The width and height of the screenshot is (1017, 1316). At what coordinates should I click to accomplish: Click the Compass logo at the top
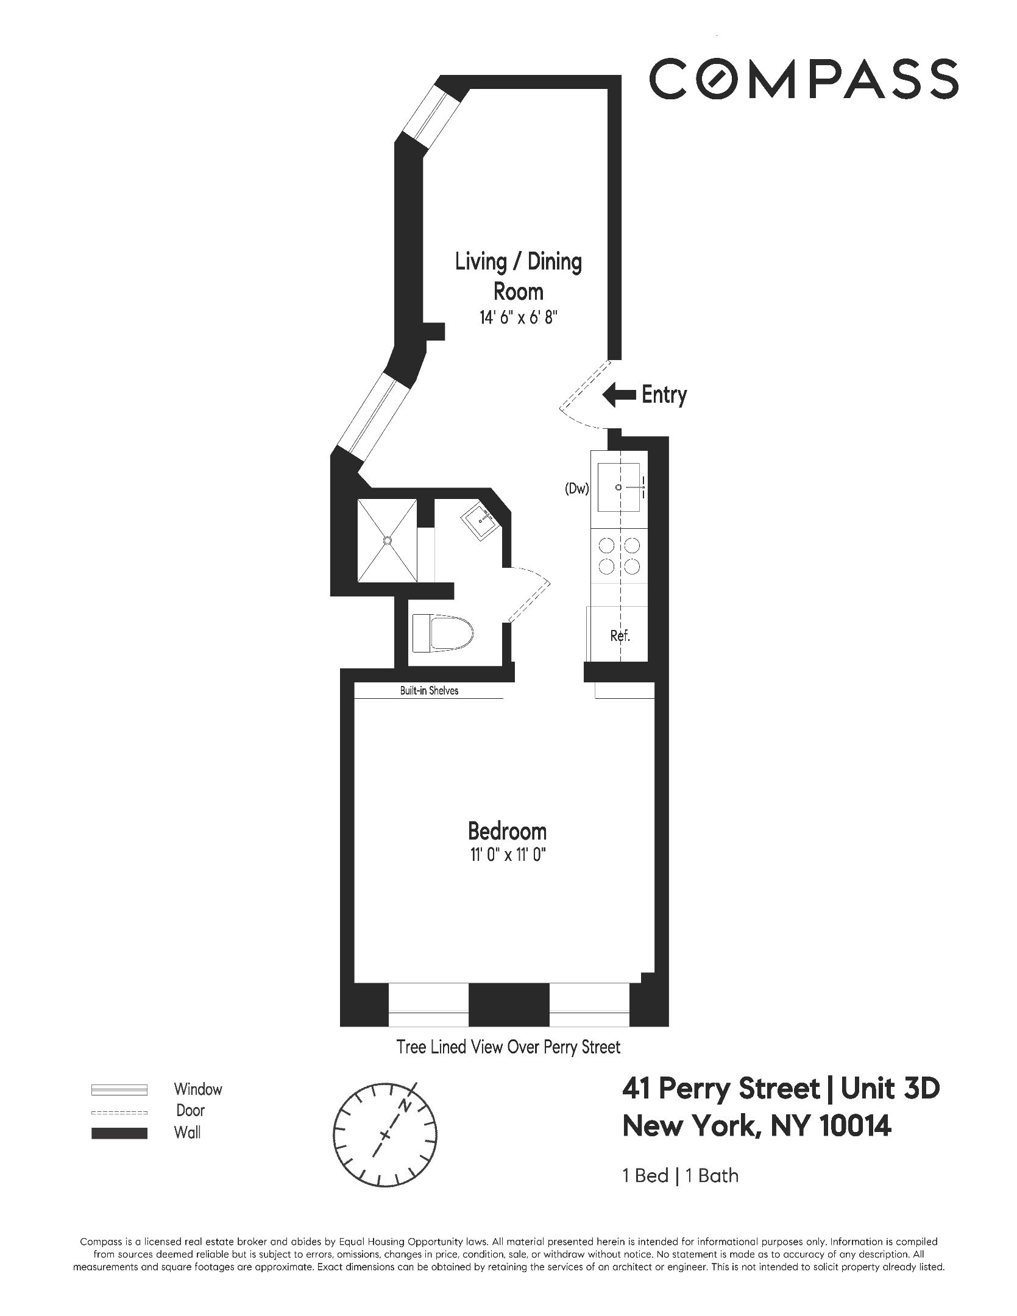click(x=803, y=79)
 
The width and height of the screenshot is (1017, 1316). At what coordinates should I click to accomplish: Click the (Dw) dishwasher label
click(x=576, y=488)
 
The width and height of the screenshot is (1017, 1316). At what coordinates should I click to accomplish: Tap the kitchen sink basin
click(x=619, y=487)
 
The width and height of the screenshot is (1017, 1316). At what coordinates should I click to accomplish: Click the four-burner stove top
click(x=619, y=556)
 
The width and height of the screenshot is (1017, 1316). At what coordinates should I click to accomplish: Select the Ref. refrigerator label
click(x=620, y=636)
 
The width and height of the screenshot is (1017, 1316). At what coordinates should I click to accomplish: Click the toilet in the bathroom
click(x=443, y=633)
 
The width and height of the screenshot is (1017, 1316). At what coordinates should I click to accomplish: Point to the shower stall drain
click(x=387, y=539)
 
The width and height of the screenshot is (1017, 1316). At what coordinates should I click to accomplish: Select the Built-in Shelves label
click(x=429, y=690)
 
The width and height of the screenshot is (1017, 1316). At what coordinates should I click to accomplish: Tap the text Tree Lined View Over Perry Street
click(x=508, y=1047)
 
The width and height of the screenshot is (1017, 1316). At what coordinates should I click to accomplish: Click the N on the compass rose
click(x=405, y=1106)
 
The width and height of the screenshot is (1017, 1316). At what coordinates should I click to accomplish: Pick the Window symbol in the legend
click(x=119, y=1089)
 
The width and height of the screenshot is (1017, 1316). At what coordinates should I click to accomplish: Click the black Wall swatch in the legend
click(x=119, y=1133)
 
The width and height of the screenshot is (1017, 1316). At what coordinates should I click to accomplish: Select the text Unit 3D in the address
click(x=890, y=1089)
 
